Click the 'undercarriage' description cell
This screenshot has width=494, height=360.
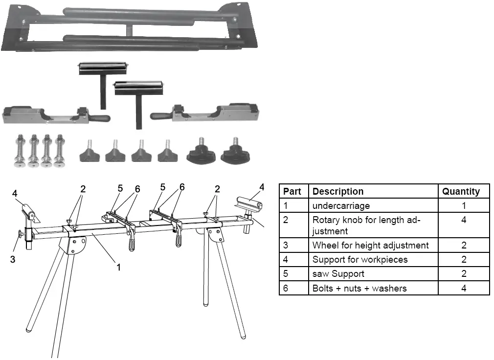(x=341, y=206)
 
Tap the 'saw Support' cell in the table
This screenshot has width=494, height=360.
(x=338, y=273)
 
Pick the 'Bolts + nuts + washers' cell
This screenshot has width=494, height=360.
(x=359, y=288)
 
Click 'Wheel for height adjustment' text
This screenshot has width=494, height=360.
(x=370, y=245)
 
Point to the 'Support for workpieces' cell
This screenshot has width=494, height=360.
(x=359, y=259)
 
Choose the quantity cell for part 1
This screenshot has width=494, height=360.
(x=463, y=206)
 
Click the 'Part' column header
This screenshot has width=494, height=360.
(x=292, y=192)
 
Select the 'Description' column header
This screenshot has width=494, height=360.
(x=337, y=192)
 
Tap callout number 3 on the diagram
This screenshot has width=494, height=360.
(x=13, y=259)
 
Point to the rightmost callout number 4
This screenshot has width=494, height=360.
(x=262, y=187)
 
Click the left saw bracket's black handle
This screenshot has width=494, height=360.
(x=99, y=119)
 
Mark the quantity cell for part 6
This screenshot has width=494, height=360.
(x=463, y=288)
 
